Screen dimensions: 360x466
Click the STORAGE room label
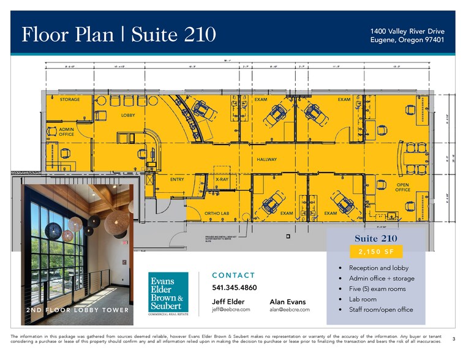69,99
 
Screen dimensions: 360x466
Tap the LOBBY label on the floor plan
128,115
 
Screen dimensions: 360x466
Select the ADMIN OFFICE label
66,132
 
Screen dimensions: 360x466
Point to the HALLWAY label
267,159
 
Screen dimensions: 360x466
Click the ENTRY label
177,179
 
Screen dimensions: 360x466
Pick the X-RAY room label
222,179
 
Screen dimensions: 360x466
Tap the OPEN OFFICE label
402,187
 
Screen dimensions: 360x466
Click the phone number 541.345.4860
234,287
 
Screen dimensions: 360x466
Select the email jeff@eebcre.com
231,310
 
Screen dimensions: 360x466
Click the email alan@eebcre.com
289,310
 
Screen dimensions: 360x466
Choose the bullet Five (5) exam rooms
377,289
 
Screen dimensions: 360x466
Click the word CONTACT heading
233,276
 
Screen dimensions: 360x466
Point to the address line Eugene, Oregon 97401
407,40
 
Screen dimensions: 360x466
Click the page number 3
453,339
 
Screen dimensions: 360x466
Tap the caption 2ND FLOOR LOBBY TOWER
77,310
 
